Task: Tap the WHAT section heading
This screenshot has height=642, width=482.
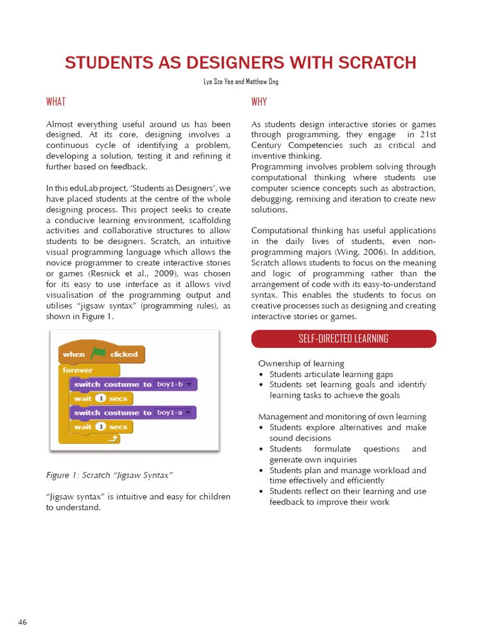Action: (56, 102)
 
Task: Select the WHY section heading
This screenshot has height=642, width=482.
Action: (259, 102)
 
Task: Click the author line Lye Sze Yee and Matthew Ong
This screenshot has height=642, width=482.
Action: (241, 82)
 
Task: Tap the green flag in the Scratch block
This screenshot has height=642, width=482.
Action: (98, 354)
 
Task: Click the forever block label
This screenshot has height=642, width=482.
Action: (78, 370)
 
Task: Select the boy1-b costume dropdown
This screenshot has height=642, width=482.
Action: (175, 384)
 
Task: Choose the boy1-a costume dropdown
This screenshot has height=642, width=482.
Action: (175, 413)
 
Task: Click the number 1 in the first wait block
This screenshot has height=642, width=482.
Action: (99, 398)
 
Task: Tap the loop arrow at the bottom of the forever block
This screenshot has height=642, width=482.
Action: (114, 440)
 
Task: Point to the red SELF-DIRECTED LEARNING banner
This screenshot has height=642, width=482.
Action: (343, 339)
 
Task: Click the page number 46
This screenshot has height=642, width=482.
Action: (23, 623)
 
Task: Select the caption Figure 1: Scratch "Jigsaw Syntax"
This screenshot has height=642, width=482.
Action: (109, 475)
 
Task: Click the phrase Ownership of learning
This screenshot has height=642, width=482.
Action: (301, 364)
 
